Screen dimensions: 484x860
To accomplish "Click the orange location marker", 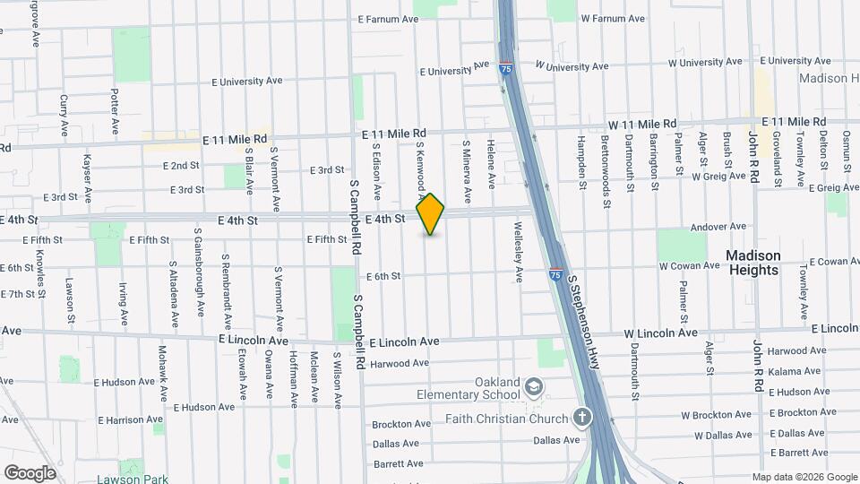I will [431, 213].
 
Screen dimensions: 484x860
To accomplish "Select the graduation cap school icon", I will [534, 386].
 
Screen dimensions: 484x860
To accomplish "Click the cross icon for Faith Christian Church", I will [582, 417].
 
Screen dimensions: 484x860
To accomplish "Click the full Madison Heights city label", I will [753, 262].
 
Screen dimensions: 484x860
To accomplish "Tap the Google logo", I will [30, 472].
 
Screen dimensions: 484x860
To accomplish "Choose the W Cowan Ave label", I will [690, 266].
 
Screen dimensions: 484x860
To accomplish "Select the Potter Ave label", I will [115, 110].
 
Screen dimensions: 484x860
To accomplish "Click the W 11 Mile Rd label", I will [641, 124].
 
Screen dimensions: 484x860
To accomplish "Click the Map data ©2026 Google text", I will [804, 477].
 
